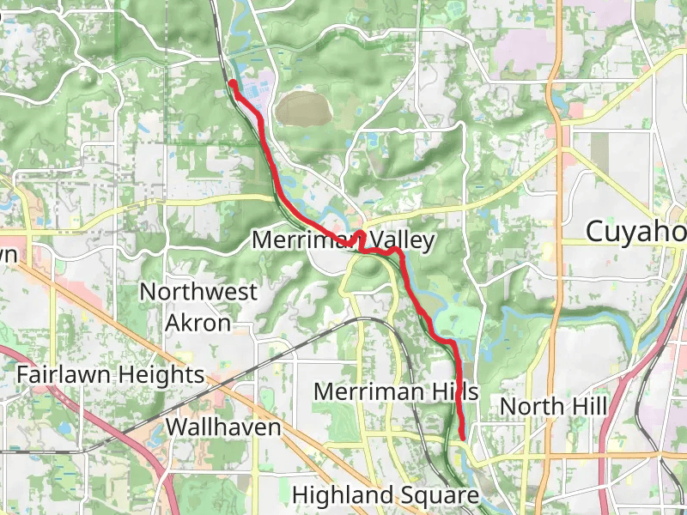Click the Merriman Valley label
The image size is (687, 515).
point(343,240)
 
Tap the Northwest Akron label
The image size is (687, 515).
point(198,306)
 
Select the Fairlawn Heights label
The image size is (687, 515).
point(111,375)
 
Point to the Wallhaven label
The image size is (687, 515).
point(223,427)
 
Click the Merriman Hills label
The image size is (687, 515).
point(395,391)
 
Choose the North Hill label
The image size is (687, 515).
point(554,406)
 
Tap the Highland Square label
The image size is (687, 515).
point(385,495)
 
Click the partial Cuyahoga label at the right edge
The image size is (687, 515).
point(635,232)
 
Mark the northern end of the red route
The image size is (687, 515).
point(231,83)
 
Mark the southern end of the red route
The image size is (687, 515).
point(462,437)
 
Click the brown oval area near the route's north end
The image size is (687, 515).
point(302,109)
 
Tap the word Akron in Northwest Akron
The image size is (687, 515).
point(198,323)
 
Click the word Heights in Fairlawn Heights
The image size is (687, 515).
point(160,375)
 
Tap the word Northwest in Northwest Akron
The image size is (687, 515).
point(198,292)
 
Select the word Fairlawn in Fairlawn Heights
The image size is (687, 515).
point(63,375)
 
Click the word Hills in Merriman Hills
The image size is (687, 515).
point(452,391)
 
